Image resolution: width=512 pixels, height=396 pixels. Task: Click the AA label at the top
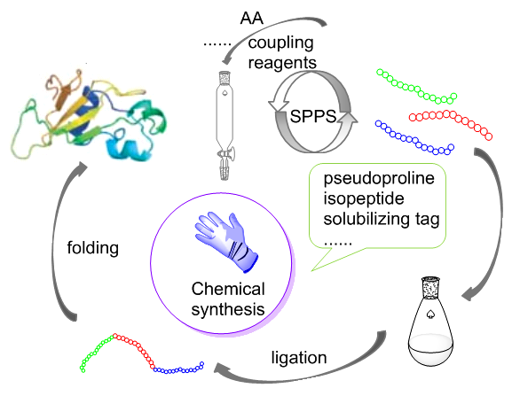point(251,18)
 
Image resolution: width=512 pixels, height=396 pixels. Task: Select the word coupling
point(280,43)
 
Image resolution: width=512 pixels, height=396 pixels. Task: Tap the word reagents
point(282,63)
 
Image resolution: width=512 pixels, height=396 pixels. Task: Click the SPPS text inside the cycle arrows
point(313,116)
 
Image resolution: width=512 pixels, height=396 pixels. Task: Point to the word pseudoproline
point(379,179)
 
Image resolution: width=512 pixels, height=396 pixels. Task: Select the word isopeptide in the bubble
point(364,198)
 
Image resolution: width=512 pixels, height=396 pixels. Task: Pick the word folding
point(93,248)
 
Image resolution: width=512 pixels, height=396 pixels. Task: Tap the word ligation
point(299,358)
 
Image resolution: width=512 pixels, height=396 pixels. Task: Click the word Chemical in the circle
point(228,289)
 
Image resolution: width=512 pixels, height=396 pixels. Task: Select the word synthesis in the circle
point(228,309)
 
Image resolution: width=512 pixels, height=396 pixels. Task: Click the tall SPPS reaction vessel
point(224,126)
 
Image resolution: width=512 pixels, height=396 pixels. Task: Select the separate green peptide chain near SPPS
point(417,87)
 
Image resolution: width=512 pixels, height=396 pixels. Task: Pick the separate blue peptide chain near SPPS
point(414,137)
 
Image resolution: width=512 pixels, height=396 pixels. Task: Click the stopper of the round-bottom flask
point(430,287)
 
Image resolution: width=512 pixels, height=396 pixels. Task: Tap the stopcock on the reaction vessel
point(226,152)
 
